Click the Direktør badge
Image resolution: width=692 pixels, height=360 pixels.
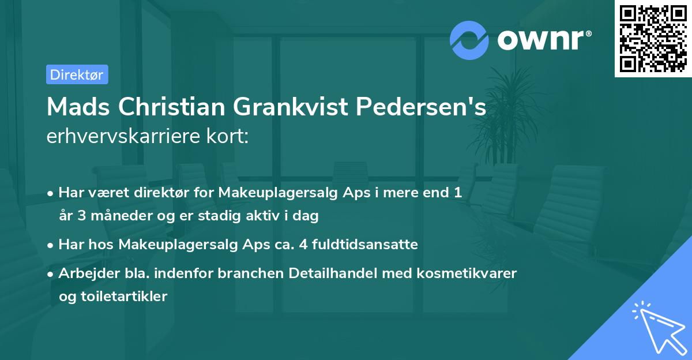tap(77, 74)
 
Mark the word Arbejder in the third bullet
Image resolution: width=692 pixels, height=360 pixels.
tap(83, 272)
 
